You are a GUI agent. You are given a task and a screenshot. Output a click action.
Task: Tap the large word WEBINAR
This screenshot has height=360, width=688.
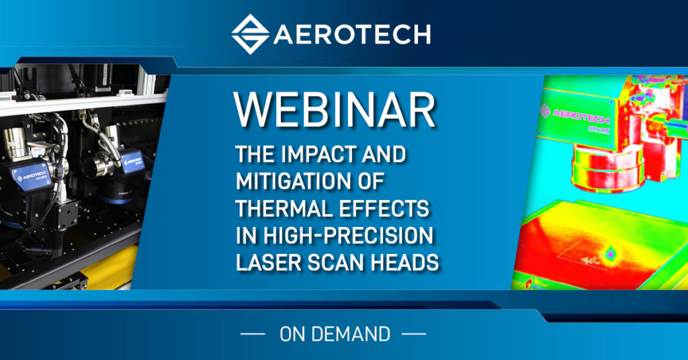pyautogui.click(x=334, y=111)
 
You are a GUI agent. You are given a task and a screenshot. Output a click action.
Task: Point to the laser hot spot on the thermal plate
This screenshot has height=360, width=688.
pyautogui.click(x=610, y=254)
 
